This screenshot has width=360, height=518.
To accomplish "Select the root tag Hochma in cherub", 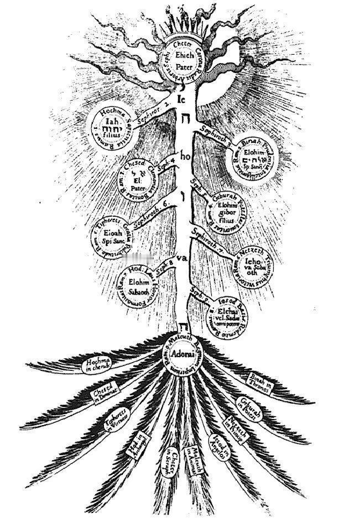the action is pyautogui.click(x=98, y=365).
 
